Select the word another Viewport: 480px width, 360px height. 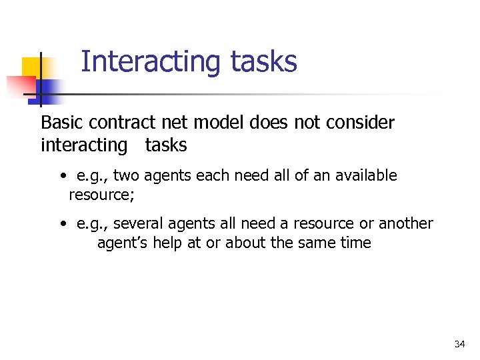405,224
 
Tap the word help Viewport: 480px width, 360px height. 169,243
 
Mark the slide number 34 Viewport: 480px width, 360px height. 459,344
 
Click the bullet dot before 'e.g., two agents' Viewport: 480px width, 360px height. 61,177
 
